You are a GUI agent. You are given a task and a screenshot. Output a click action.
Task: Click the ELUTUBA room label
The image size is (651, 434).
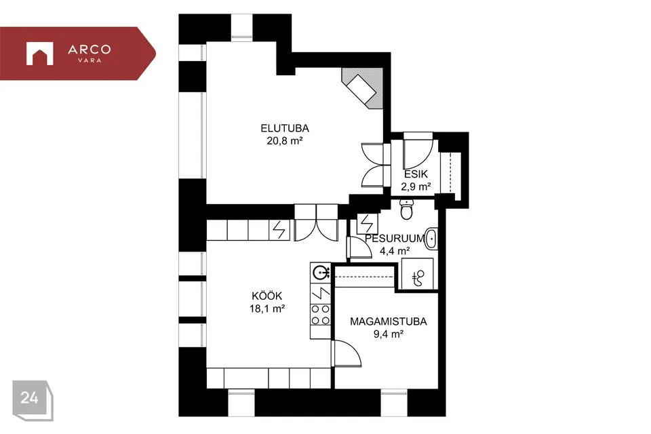coord(285,128)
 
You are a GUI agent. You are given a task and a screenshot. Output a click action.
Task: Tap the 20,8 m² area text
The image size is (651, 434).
coord(284,141)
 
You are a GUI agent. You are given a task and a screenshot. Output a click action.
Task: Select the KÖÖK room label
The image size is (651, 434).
coord(267,296)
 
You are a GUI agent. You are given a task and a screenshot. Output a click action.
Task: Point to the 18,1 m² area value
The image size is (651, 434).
coord(267,309)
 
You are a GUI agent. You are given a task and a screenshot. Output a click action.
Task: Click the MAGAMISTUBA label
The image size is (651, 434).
coord(388,321)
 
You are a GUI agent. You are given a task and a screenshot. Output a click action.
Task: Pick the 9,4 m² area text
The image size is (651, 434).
coord(389,334)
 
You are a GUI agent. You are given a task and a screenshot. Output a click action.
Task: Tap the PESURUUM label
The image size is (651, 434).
coord(395,239)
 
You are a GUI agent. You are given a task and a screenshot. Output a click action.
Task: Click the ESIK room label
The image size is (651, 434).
coord(416,174)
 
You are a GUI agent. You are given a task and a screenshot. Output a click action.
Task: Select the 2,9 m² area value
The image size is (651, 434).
coord(416,186)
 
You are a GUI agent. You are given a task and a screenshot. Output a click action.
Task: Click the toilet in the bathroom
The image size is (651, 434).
coord(406,209)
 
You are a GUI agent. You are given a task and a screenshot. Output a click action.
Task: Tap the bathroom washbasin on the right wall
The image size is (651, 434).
coord(431,239)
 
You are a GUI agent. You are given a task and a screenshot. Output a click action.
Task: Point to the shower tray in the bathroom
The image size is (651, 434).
coord(418,274)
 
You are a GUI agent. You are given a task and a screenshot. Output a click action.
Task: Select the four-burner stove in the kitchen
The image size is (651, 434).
coord(321,315)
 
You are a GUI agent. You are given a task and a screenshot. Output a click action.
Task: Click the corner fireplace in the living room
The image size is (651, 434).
coord(362,88)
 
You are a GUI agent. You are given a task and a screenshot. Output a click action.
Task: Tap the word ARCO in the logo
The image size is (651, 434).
coord(90,50)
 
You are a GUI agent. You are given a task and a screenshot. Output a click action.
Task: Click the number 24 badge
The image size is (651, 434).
coord(33,400)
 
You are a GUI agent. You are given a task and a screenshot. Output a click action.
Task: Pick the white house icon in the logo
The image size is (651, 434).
coord(40,54)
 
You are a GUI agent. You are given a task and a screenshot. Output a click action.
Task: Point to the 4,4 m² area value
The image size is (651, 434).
coord(395,251)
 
